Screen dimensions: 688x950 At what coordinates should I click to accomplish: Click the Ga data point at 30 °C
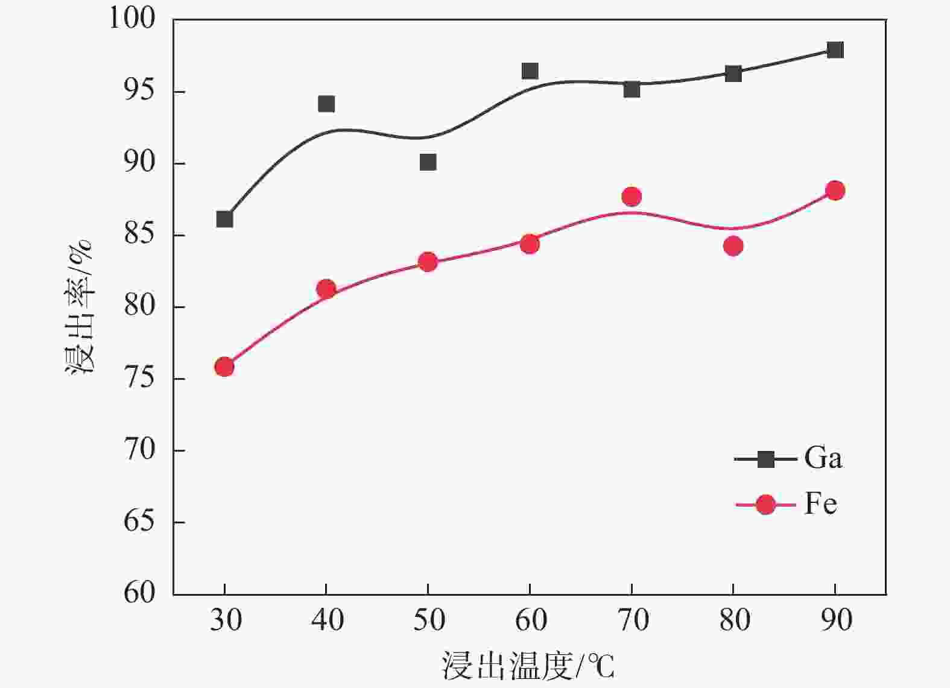[x=224, y=219]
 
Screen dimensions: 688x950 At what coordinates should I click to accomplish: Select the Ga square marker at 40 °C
[x=326, y=104]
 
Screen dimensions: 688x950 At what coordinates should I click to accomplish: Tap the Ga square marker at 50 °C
[x=428, y=162]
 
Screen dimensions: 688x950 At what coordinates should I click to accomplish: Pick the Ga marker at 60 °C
[x=530, y=71]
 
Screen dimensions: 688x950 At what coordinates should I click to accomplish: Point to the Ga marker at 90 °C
[x=835, y=49]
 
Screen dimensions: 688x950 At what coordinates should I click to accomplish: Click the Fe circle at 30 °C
[x=224, y=367]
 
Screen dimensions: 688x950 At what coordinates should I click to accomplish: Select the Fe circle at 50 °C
[x=428, y=262]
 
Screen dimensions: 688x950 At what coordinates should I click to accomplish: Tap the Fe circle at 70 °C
[x=632, y=197]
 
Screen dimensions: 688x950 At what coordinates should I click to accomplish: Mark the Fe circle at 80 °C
[x=733, y=246]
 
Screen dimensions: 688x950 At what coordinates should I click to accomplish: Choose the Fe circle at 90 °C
[x=835, y=191]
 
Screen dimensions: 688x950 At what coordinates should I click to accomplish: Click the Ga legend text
[x=823, y=458]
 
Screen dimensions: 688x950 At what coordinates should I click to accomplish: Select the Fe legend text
[x=820, y=503]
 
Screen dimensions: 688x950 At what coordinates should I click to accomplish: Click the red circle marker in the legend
[x=765, y=504]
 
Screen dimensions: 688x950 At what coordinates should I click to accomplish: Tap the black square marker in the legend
[x=765, y=459]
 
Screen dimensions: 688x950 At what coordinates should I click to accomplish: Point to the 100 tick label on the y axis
[x=131, y=19]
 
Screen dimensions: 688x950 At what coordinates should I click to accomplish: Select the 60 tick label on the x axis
[x=530, y=620]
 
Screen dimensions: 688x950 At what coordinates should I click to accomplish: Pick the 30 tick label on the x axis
[x=225, y=620]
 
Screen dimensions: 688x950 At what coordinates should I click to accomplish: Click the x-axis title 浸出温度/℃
[x=528, y=666]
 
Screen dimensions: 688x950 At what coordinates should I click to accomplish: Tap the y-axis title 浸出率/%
[x=80, y=306]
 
